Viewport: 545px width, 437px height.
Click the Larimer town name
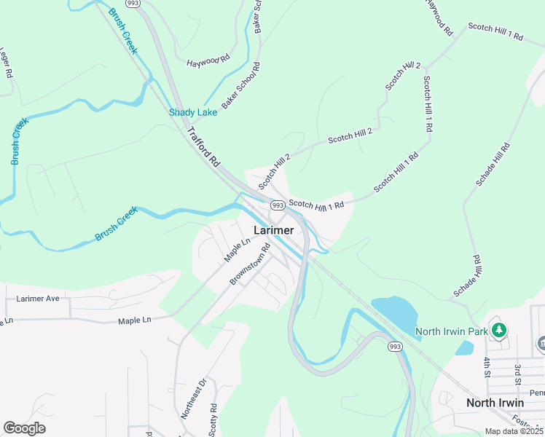tap(274, 230)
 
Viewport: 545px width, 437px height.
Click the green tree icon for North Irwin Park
tap(498, 331)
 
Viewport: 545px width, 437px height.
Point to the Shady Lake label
tap(193, 112)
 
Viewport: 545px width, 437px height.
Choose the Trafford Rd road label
tap(203, 149)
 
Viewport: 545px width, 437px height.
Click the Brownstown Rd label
tap(250, 264)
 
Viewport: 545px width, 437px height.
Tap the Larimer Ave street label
tap(38, 299)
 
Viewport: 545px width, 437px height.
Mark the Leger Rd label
tap(7, 63)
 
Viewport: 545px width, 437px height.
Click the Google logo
tap(24, 428)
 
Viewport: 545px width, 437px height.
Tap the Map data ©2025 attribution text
tap(514, 431)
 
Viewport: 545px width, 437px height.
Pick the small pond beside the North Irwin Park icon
tap(464, 347)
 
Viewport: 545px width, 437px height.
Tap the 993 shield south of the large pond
tap(395, 347)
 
